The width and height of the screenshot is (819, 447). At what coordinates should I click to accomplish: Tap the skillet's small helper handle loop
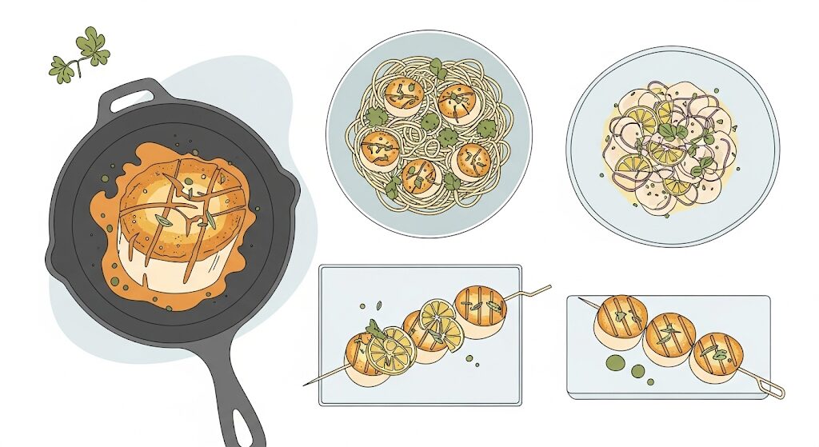(127, 96)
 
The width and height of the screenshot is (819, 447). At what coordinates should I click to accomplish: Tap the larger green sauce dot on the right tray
(615, 363)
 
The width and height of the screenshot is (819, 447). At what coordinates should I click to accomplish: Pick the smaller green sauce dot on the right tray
(637, 371)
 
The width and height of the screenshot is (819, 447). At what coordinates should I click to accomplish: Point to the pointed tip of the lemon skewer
(306, 384)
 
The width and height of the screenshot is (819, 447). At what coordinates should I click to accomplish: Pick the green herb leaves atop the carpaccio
(671, 132)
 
